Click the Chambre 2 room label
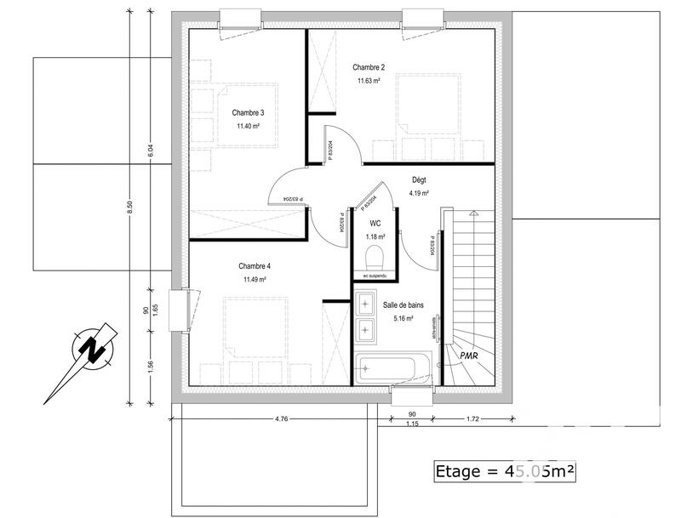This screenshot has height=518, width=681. tap(369, 67)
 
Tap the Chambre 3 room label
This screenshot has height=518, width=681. tap(248, 112)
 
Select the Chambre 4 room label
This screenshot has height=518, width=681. tap(255, 266)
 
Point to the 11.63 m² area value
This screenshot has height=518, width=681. tap(369, 82)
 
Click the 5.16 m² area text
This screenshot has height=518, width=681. tap(403, 319)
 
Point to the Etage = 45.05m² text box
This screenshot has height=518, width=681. tap(506, 470)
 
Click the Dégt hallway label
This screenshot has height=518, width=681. tap(419, 180)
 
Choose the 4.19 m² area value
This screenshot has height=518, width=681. tap(419, 194)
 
